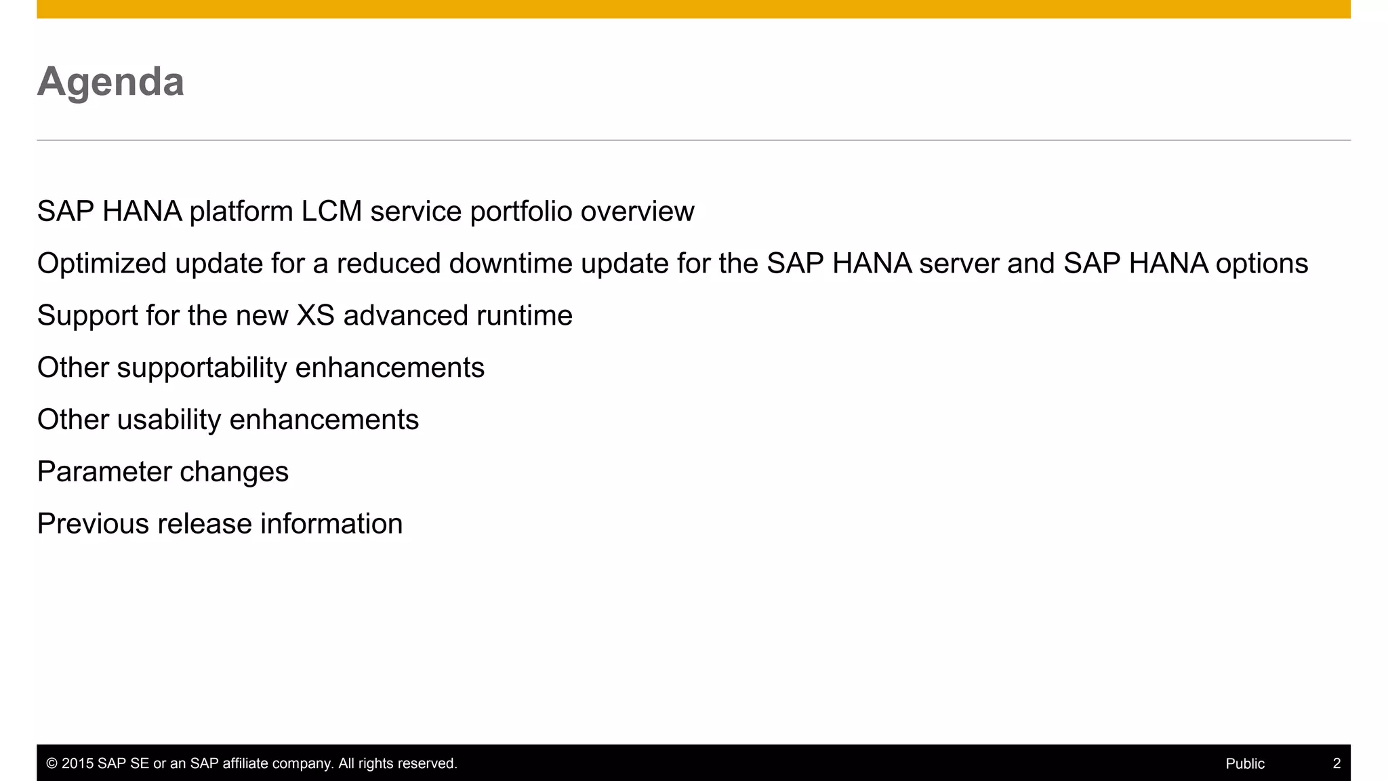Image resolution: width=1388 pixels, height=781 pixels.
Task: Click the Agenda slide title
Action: [x=110, y=82]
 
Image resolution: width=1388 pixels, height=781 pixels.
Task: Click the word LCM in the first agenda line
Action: [x=331, y=212]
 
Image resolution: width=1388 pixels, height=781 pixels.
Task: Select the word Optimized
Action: [x=102, y=264]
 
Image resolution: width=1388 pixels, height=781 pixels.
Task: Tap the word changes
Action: [x=234, y=473]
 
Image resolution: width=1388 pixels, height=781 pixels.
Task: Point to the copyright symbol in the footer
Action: [x=52, y=763]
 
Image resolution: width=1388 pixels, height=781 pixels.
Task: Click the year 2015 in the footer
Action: [x=77, y=763]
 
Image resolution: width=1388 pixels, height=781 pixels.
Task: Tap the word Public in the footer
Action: [x=1244, y=763]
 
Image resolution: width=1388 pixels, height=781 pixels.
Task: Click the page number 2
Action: [x=1336, y=763]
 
